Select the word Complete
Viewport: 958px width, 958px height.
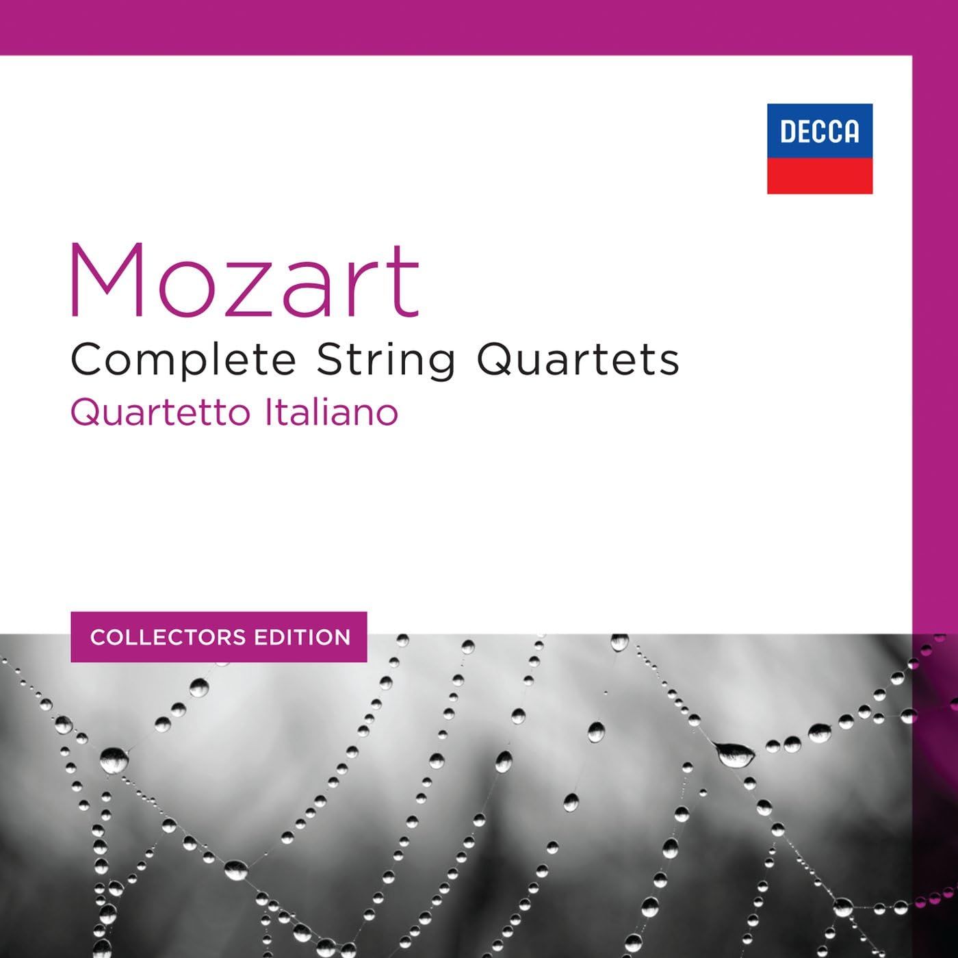coord(183,361)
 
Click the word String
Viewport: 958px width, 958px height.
coord(386,361)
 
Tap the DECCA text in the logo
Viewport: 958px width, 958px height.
coord(819,131)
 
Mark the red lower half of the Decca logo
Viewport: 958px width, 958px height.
coord(819,176)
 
